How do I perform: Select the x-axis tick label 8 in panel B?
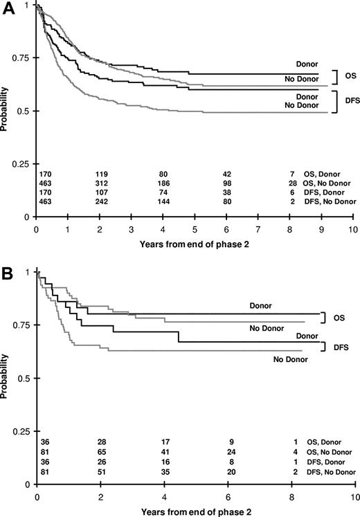coord(292,496)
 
